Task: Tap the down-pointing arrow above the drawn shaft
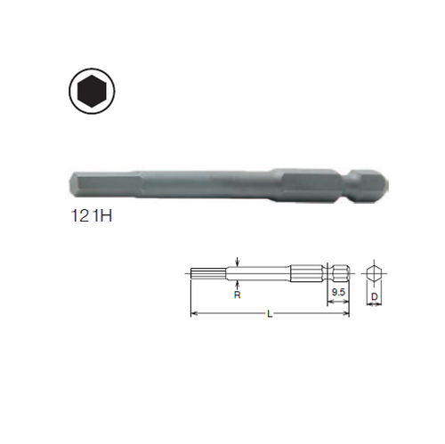tap(238, 262)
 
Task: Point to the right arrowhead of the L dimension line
tap(348, 312)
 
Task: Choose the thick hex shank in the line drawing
tap(307, 272)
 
